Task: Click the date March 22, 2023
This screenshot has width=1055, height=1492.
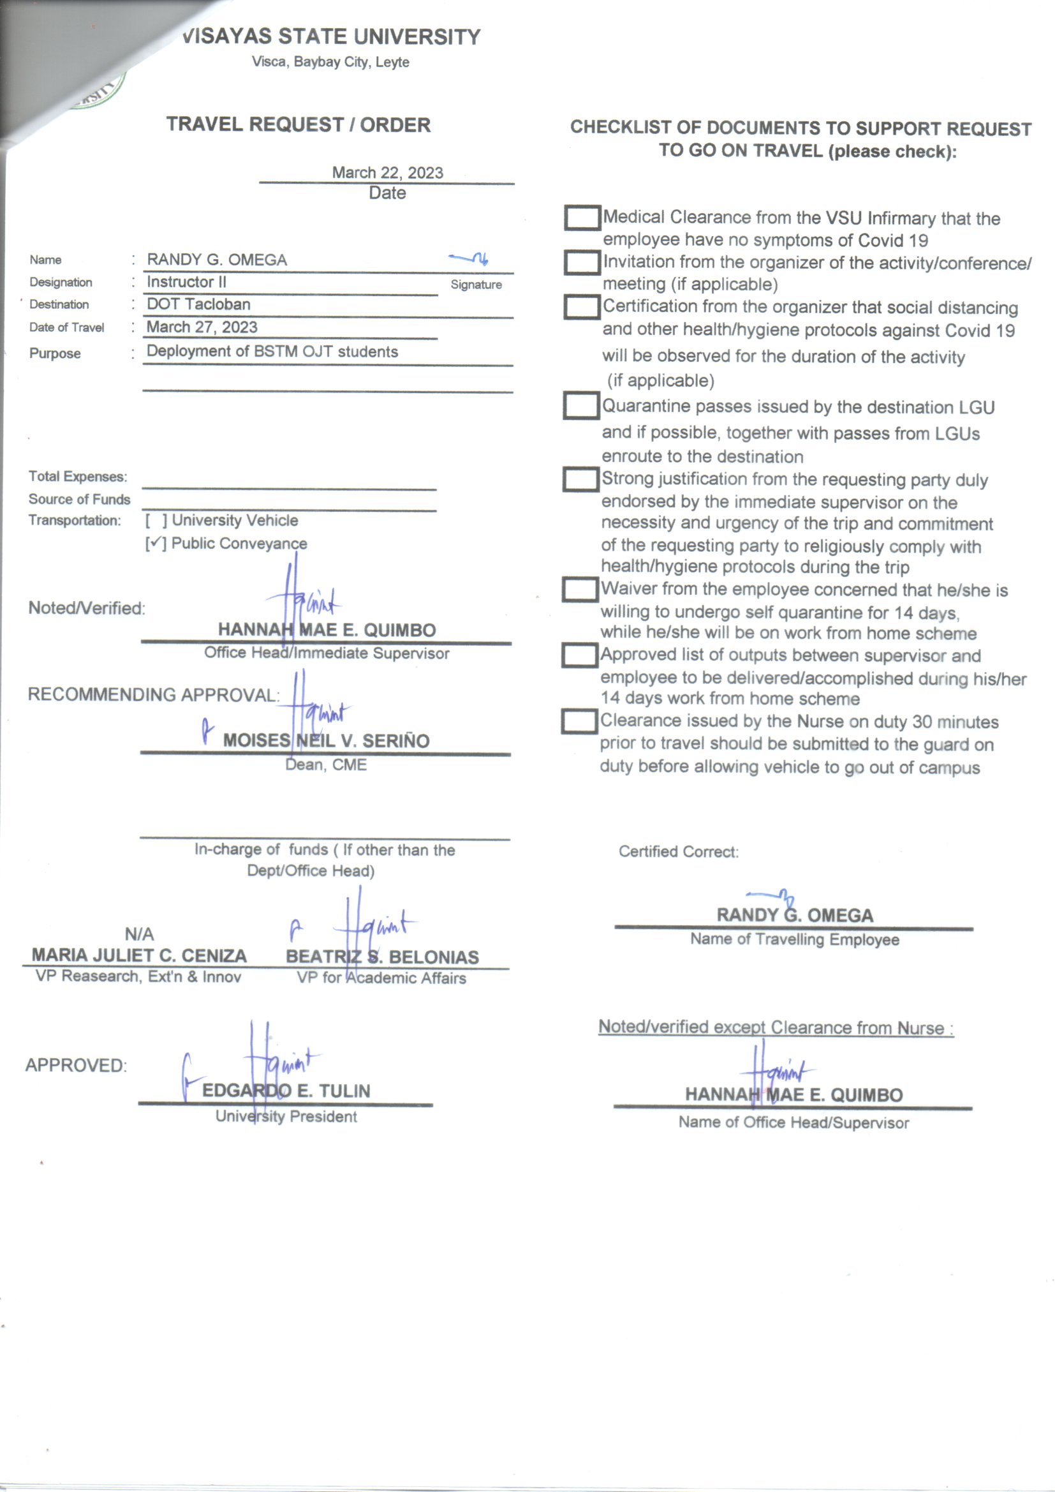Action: pos(387,173)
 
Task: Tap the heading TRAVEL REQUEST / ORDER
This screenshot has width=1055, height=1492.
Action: pos(298,125)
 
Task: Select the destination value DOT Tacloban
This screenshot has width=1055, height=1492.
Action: pos(199,304)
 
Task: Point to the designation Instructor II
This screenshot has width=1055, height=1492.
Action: pos(186,282)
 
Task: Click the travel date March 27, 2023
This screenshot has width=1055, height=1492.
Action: pos(202,327)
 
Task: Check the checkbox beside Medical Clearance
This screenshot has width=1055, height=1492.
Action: pos(582,218)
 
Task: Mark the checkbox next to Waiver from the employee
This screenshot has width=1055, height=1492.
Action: pos(579,590)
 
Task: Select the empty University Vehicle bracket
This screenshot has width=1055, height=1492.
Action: pos(156,521)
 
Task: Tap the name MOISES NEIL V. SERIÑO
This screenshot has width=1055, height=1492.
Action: pos(326,741)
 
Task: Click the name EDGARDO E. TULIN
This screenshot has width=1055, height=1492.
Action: pos(286,1091)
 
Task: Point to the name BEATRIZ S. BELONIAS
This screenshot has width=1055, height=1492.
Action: pos(382,957)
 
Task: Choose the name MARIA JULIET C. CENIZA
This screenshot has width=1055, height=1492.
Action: pos(139,955)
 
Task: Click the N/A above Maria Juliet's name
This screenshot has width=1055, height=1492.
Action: pos(139,934)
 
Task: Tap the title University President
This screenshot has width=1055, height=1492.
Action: pos(286,1116)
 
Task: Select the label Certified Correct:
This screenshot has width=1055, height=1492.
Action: pos(678,851)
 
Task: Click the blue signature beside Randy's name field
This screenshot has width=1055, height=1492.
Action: pos(469,258)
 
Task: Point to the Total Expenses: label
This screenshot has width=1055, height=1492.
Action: pos(78,476)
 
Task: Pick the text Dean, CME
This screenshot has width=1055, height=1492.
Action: pos(326,765)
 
